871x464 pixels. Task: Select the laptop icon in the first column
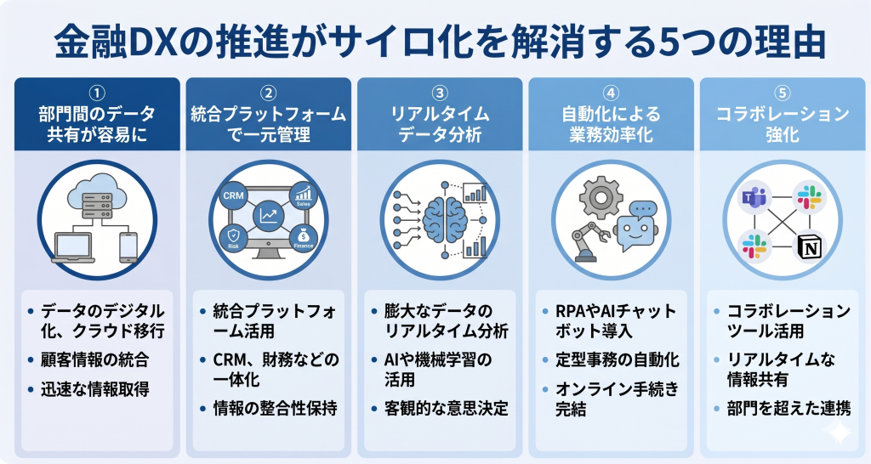coord(73,246)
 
